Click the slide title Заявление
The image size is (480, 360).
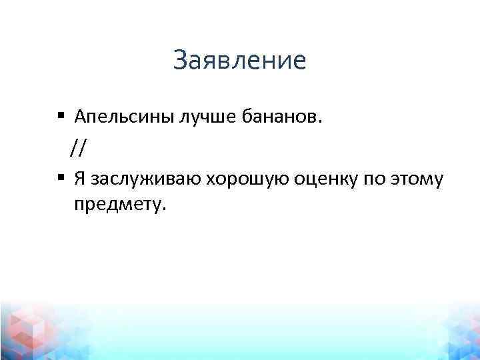[x=239, y=61]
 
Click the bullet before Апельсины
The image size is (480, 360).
[x=61, y=115]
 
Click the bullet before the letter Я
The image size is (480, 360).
[x=61, y=177]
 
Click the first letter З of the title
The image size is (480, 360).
[x=180, y=61]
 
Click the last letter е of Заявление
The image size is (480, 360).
[x=299, y=62]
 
